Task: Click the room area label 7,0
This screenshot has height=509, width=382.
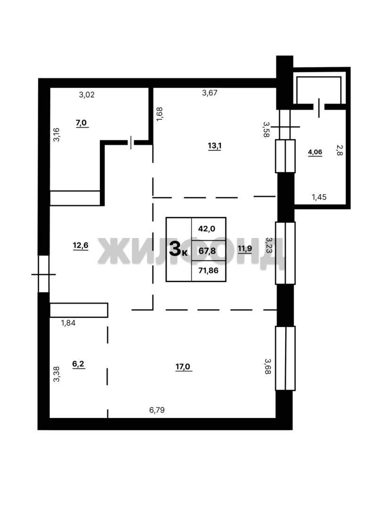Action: tap(81, 123)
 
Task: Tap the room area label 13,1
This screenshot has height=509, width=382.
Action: tap(215, 146)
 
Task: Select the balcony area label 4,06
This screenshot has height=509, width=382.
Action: tap(315, 152)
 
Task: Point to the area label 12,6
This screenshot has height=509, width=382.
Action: tap(81, 245)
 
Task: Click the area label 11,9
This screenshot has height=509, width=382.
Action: tap(245, 249)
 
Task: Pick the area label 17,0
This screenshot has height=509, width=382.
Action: tap(183, 367)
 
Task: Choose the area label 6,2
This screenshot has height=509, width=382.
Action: tap(78, 364)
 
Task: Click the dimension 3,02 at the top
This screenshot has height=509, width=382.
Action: tap(87, 95)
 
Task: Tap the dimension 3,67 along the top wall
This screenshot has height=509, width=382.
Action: tap(210, 93)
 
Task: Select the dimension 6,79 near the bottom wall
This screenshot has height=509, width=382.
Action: tap(157, 410)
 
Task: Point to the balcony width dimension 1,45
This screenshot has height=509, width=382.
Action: tap(319, 197)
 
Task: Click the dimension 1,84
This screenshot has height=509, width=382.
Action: tap(68, 323)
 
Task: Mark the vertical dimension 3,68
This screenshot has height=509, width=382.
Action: tap(268, 366)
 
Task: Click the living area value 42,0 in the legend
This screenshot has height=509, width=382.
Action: tap(207, 229)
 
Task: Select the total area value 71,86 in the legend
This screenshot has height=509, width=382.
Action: tap(208, 270)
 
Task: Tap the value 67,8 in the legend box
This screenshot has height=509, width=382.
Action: tap(207, 251)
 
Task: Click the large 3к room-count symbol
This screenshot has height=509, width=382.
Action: tap(178, 249)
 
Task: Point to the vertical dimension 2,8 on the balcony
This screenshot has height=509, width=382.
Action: tap(339, 150)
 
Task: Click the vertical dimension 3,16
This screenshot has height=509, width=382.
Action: tap(57, 135)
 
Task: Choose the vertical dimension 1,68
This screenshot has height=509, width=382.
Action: tap(159, 114)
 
